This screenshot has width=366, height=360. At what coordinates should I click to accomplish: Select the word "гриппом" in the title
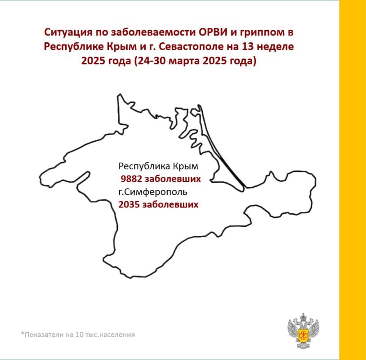click(x=266, y=33)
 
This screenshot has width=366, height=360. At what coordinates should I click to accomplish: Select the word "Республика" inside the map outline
click(x=141, y=166)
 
